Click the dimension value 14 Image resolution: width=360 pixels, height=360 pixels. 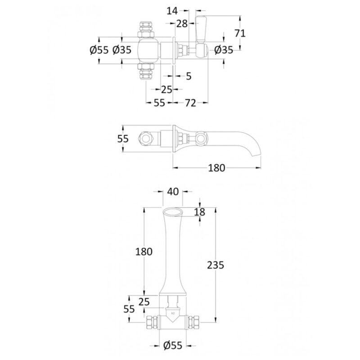pyautogui.click(x=172, y=11)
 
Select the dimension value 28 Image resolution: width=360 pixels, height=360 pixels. pyautogui.click(x=182, y=24)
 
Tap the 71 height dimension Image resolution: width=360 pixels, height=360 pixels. pyautogui.click(x=240, y=33)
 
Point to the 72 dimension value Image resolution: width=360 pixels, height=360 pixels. pyautogui.click(x=190, y=103)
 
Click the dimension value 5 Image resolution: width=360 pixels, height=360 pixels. pyautogui.click(x=189, y=76)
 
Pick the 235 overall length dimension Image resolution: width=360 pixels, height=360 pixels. pyautogui.click(x=216, y=265)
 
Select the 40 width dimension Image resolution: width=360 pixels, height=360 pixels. pyautogui.click(x=173, y=192)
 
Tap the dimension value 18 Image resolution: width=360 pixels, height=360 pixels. pyautogui.click(x=199, y=212)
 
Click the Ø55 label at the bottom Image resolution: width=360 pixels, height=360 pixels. pyautogui.click(x=173, y=346)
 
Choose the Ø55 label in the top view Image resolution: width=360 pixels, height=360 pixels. pyautogui.click(x=99, y=50)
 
